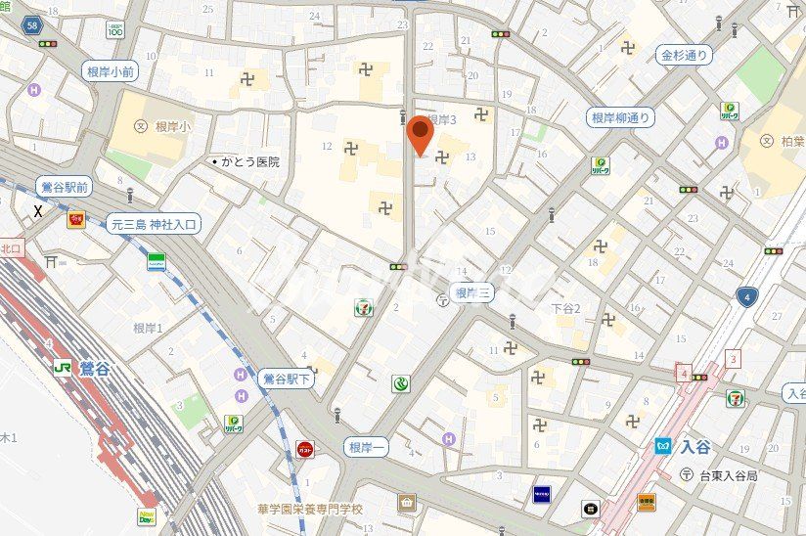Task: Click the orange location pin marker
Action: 421,135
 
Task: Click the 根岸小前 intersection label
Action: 111,70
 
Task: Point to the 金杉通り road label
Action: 684,56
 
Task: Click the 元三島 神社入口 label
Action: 154,224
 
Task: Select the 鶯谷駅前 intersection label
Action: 64,186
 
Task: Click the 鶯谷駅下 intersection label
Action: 286,378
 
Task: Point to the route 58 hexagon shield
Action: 34,25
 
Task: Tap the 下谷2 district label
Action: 566,309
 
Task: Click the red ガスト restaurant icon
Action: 305,449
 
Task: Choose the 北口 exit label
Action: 11,248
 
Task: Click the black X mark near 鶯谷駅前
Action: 38,211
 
